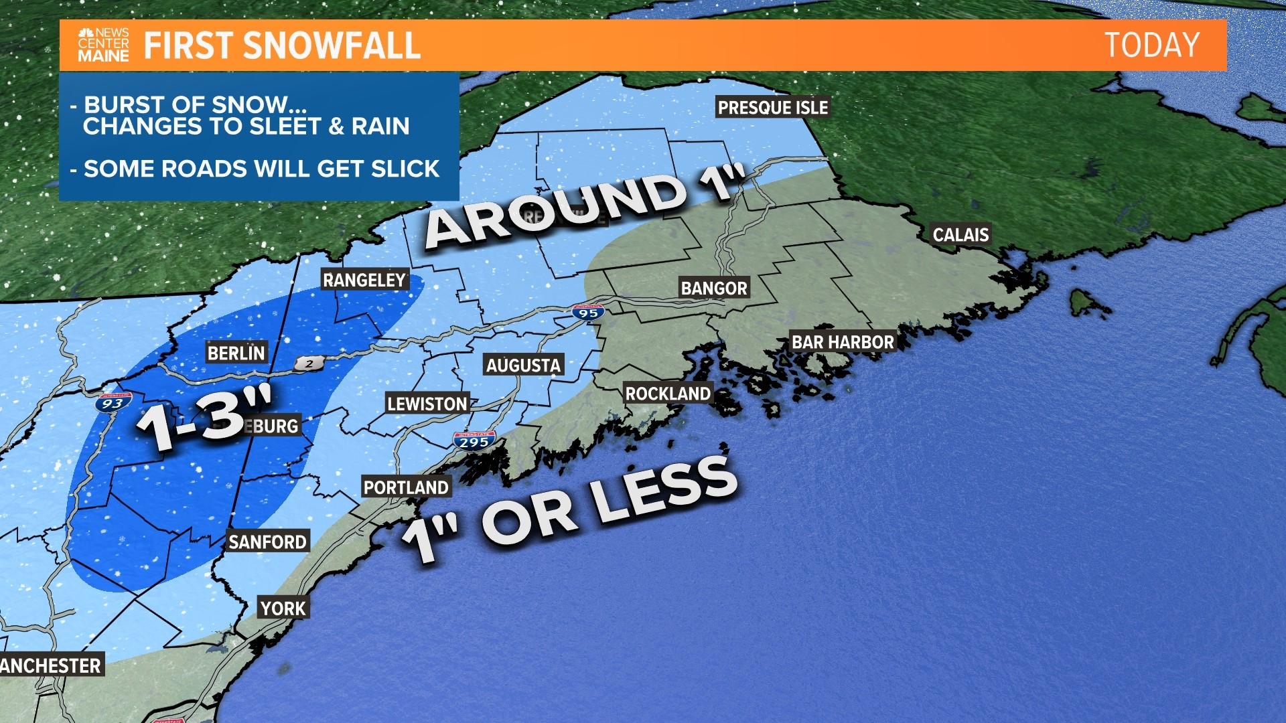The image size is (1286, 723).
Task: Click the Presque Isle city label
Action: (x=773, y=107)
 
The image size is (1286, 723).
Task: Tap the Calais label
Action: (x=960, y=234)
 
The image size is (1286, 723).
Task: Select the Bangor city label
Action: (x=714, y=288)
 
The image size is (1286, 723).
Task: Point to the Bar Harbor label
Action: (x=843, y=342)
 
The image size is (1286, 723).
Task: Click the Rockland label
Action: (x=668, y=394)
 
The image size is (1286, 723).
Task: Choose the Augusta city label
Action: (x=523, y=365)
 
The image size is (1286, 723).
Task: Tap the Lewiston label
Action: (x=427, y=404)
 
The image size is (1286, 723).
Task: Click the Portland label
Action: (x=406, y=487)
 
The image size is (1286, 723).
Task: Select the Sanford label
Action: (x=267, y=542)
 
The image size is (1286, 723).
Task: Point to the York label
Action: (x=283, y=609)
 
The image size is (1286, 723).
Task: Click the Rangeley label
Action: (x=364, y=280)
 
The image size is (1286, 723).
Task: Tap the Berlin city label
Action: (x=236, y=353)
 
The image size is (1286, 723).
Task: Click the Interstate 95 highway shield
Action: (x=588, y=312)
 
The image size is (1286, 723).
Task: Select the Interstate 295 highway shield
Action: (x=474, y=441)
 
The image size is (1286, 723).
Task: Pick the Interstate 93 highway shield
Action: (x=113, y=402)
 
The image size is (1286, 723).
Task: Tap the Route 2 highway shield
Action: (x=309, y=364)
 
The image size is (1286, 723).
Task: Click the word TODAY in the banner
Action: (x=1151, y=46)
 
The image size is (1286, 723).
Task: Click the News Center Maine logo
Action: (x=103, y=46)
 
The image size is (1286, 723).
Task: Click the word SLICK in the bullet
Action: (x=405, y=169)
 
